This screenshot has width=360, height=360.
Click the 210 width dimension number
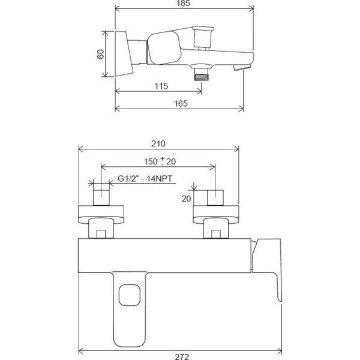coord(158,144)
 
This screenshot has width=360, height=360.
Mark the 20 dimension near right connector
coord(185,199)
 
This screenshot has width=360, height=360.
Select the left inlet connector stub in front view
coord(101,196)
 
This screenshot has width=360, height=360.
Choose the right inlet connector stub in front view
coord(215,196)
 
